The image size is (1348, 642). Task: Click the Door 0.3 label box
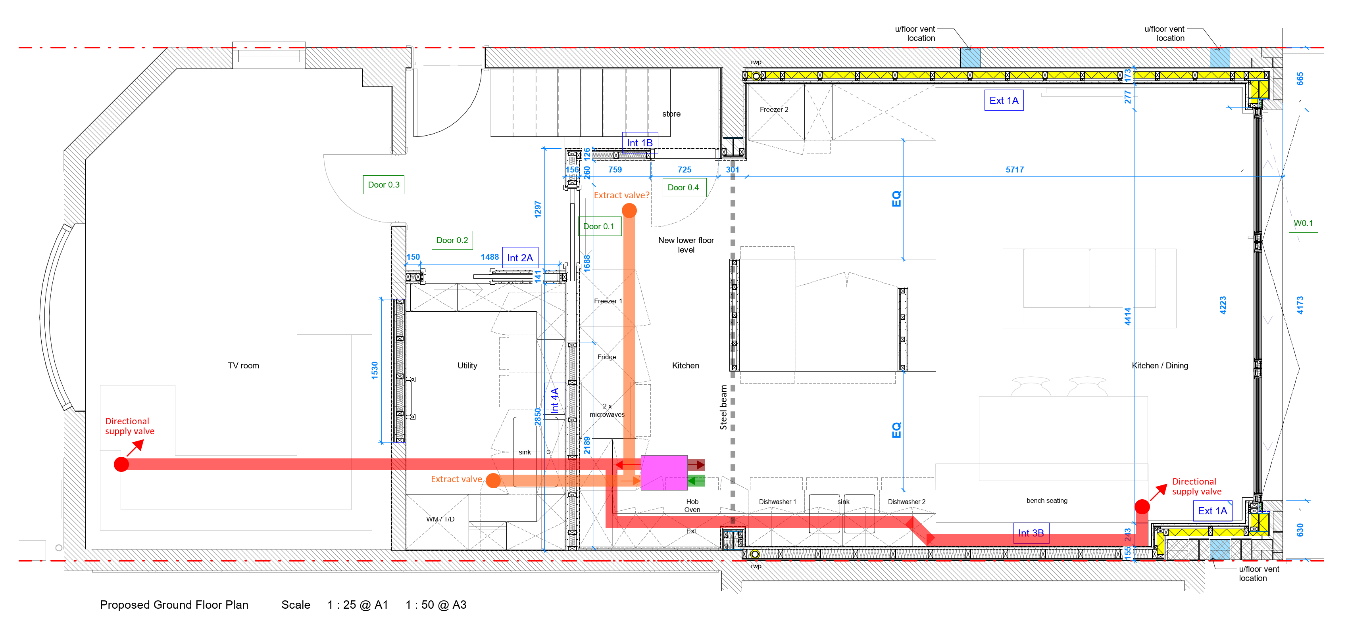384,184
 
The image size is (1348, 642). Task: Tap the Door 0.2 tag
452,240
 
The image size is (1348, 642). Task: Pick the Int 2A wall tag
520,257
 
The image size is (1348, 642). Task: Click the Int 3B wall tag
1031,533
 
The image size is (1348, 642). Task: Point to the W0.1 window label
1303,223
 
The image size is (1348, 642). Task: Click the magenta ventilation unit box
664,472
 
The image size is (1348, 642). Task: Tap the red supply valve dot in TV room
121,464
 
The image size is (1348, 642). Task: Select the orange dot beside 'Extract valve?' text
629,211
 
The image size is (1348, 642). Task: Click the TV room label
243,366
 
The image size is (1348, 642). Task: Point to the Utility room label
467,366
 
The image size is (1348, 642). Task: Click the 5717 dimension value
1015,169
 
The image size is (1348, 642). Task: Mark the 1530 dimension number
375,370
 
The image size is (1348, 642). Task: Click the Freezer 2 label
774,109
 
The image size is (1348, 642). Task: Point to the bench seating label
1046,500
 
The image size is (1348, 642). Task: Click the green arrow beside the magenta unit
696,481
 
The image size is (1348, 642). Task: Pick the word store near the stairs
671,113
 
